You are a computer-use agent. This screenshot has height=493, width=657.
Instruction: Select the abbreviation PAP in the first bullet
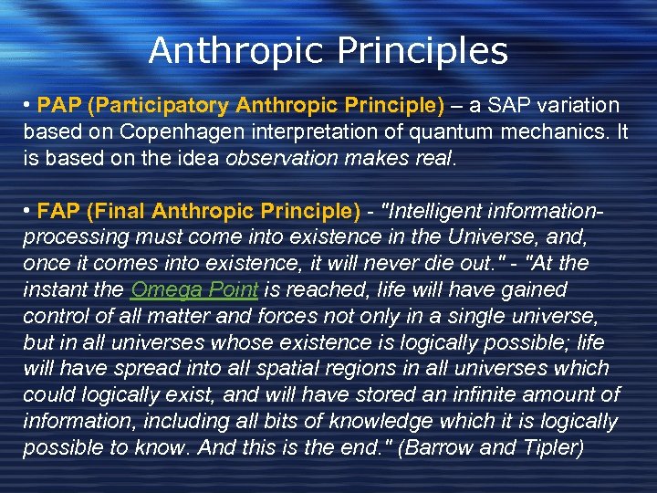coord(57,106)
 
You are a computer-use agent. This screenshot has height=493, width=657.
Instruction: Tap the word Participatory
coord(151,106)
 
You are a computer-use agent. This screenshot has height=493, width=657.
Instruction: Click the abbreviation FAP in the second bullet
coord(57,212)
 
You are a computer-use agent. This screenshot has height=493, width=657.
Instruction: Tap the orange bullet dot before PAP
coord(28,107)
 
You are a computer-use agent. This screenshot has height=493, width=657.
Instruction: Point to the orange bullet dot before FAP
coord(28,213)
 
